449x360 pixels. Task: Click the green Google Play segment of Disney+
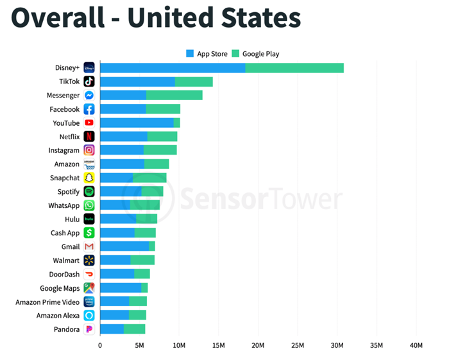pyautogui.click(x=294, y=68)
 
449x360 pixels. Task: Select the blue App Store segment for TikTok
pyautogui.click(x=137, y=81)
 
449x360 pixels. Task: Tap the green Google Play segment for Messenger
pyautogui.click(x=174, y=95)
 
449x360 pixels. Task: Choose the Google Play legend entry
pyautogui.click(x=256, y=54)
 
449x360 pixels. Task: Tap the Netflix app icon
pyautogui.click(x=89, y=136)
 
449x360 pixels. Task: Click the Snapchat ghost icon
pyautogui.click(x=89, y=178)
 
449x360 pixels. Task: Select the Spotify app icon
pyautogui.click(x=89, y=191)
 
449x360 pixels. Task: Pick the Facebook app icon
pyautogui.click(x=89, y=109)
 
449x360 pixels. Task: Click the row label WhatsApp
pyautogui.click(x=64, y=205)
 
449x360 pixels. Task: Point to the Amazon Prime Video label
pyautogui.click(x=47, y=302)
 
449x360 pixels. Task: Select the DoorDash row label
pyautogui.click(x=64, y=274)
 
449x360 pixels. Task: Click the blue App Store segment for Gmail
pyautogui.click(x=124, y=246)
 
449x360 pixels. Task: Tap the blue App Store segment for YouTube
pyautogui.click(x=137, y=123)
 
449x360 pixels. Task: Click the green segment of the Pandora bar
pyautogui.click(x=134, y=329)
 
